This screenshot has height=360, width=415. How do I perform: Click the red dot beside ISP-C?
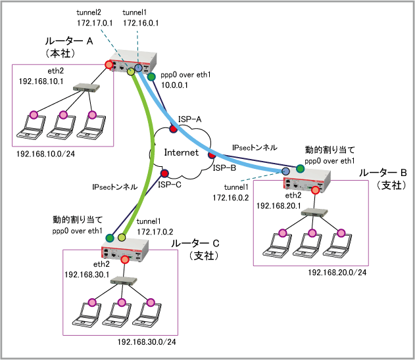(165, 174)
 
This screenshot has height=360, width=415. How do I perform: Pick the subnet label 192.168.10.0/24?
(45, 154)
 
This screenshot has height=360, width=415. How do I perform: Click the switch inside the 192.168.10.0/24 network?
(85, 87)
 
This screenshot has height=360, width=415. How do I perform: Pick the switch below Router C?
(122, 281)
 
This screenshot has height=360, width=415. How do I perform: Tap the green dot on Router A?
(152, 77)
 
